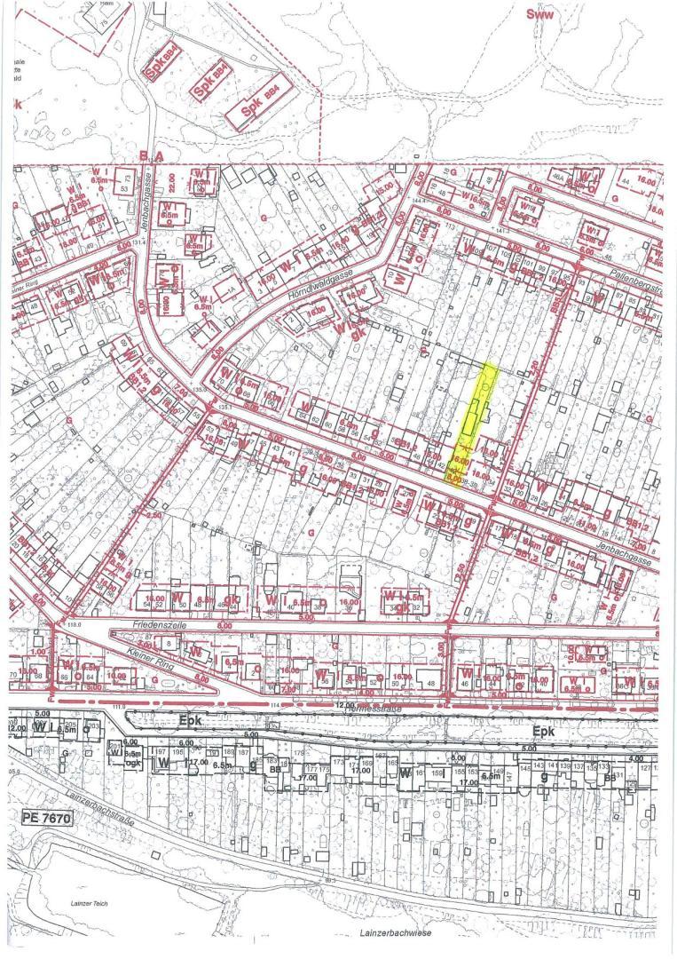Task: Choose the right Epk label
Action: click(x=542, y=729)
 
